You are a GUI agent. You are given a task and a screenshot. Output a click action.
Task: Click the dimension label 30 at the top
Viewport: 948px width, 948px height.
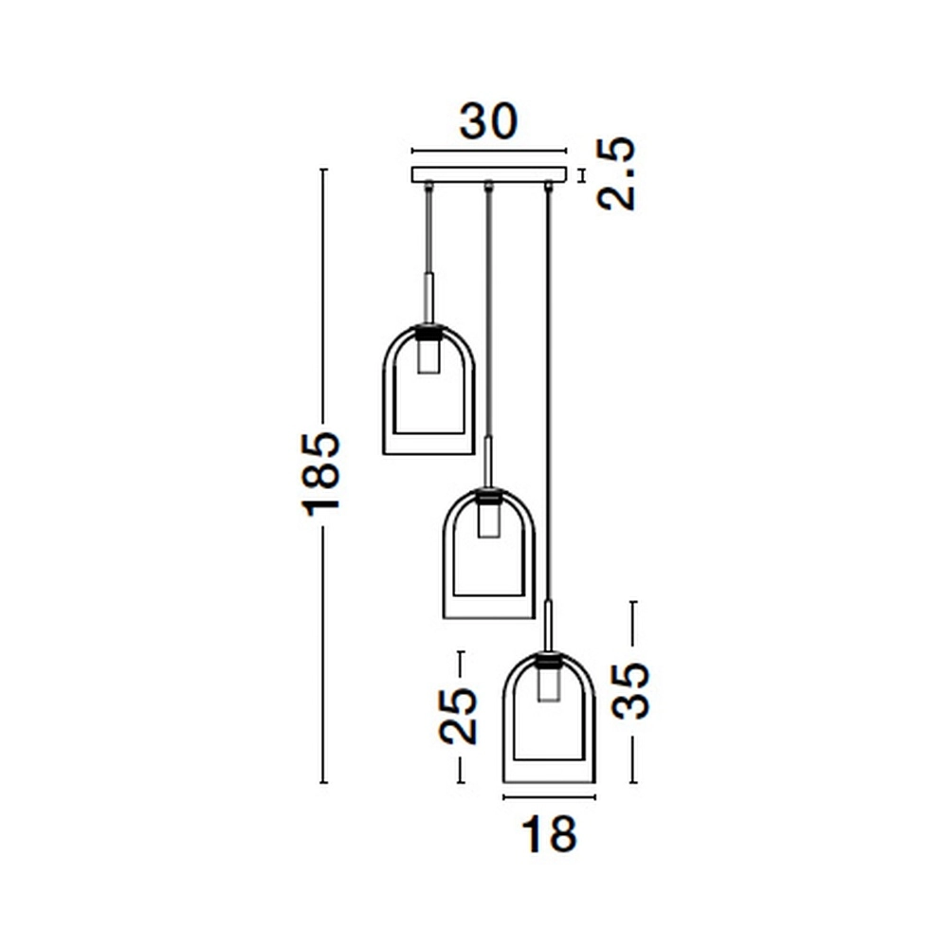click(x=489, y=121)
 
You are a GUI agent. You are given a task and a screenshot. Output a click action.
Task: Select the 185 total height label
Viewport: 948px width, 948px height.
click(x=322, y=473)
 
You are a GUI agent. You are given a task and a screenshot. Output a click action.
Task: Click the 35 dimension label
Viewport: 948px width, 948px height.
click(x=631, y=692)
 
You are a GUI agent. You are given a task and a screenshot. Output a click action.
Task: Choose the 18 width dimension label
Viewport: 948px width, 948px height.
click(x=549, y=835)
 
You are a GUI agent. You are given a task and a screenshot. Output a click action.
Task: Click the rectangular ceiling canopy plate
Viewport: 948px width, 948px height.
click(x=488, y=175)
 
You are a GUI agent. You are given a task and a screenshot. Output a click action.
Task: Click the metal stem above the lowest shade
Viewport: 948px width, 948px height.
click(x=549, y=625)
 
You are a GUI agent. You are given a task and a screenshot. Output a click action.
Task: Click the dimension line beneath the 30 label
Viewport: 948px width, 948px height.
click(x=488, y=150)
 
